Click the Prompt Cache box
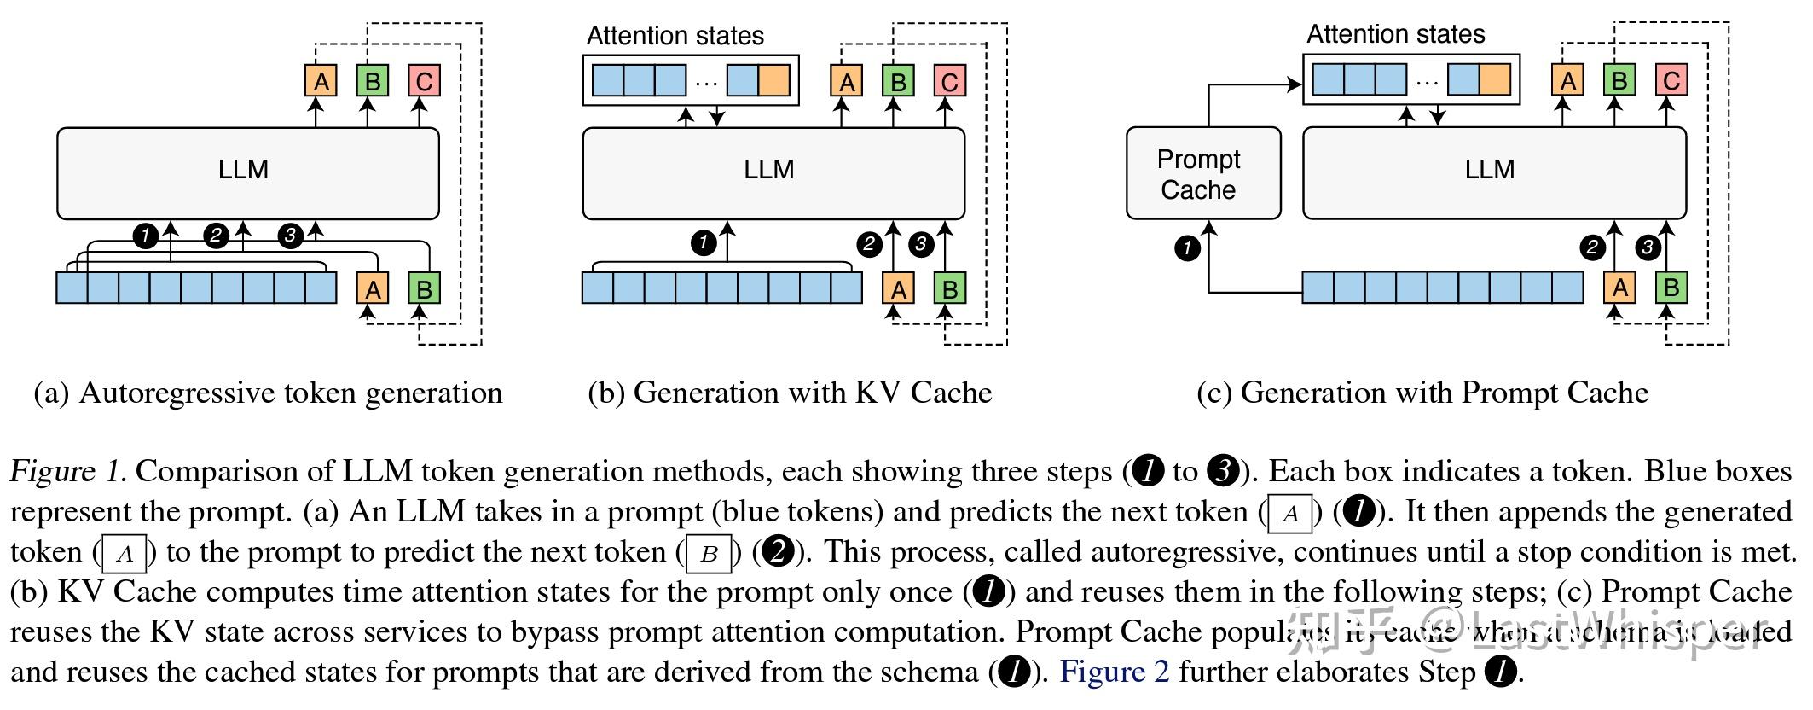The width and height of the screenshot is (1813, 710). tap(1202, 173)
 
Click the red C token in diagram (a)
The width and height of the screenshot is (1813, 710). tap(424, 81)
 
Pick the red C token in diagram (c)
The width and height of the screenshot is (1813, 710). tap(1671, 80)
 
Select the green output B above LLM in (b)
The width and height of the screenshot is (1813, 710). tap(897, 81)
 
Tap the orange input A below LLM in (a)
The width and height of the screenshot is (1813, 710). tap(373, 288)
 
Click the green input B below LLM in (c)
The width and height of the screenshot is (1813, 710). tap(1671, 287)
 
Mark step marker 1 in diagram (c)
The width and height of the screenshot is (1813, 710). tap(1187, 248)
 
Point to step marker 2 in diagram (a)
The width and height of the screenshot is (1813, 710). tap(216, 235)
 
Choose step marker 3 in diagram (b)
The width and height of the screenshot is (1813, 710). tap(920, 244)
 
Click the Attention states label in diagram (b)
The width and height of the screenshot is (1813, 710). tap(675, 36)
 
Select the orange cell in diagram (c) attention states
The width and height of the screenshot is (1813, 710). tap(1494, 79)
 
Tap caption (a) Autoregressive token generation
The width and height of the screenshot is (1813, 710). tap(268, 393)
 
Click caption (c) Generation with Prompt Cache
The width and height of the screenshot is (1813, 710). tap(1422, 393)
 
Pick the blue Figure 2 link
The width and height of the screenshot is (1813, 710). tap(1114, 672)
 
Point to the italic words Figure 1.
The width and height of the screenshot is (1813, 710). tap(68, 472)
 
